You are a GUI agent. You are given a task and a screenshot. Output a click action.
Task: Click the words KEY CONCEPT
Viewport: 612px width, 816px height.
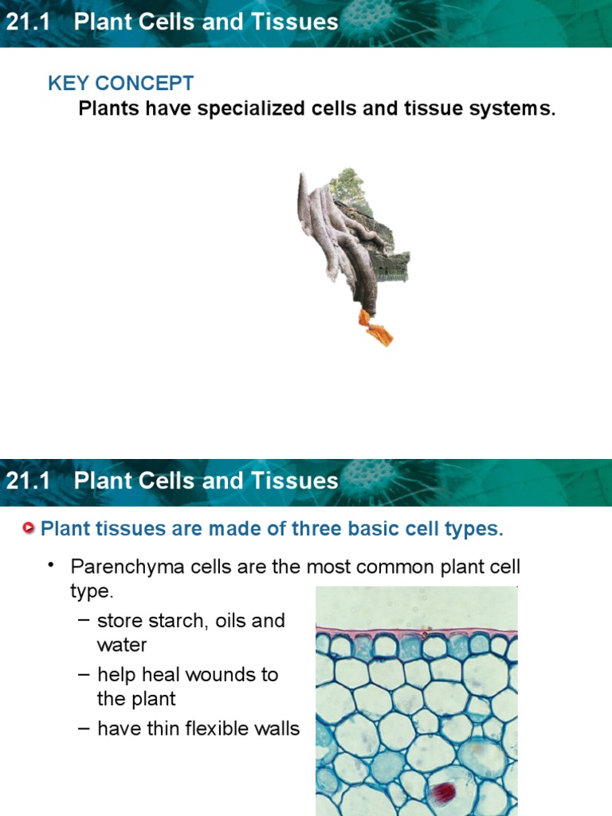[x=120, y=83]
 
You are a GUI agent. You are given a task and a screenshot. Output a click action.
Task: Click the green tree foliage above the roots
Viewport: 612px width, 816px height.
[x=347, y=185]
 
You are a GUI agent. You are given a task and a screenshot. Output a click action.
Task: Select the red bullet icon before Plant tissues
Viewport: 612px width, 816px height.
[x=29, y=528]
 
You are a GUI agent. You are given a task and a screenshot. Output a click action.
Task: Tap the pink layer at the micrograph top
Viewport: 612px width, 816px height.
[x=414, y=632]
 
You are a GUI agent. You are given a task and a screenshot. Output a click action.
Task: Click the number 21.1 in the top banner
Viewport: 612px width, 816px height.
[x=28, y=22]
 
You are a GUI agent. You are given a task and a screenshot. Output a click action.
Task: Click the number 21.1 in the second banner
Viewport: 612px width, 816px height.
[x=28, y=481]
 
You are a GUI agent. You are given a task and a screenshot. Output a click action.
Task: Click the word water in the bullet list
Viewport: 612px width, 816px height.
[x=122, y=644]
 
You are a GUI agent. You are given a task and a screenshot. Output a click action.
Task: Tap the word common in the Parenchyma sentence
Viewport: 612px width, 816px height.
[x=394, y=567]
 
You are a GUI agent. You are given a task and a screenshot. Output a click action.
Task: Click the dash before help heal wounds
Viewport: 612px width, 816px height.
[x=84, y=675]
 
